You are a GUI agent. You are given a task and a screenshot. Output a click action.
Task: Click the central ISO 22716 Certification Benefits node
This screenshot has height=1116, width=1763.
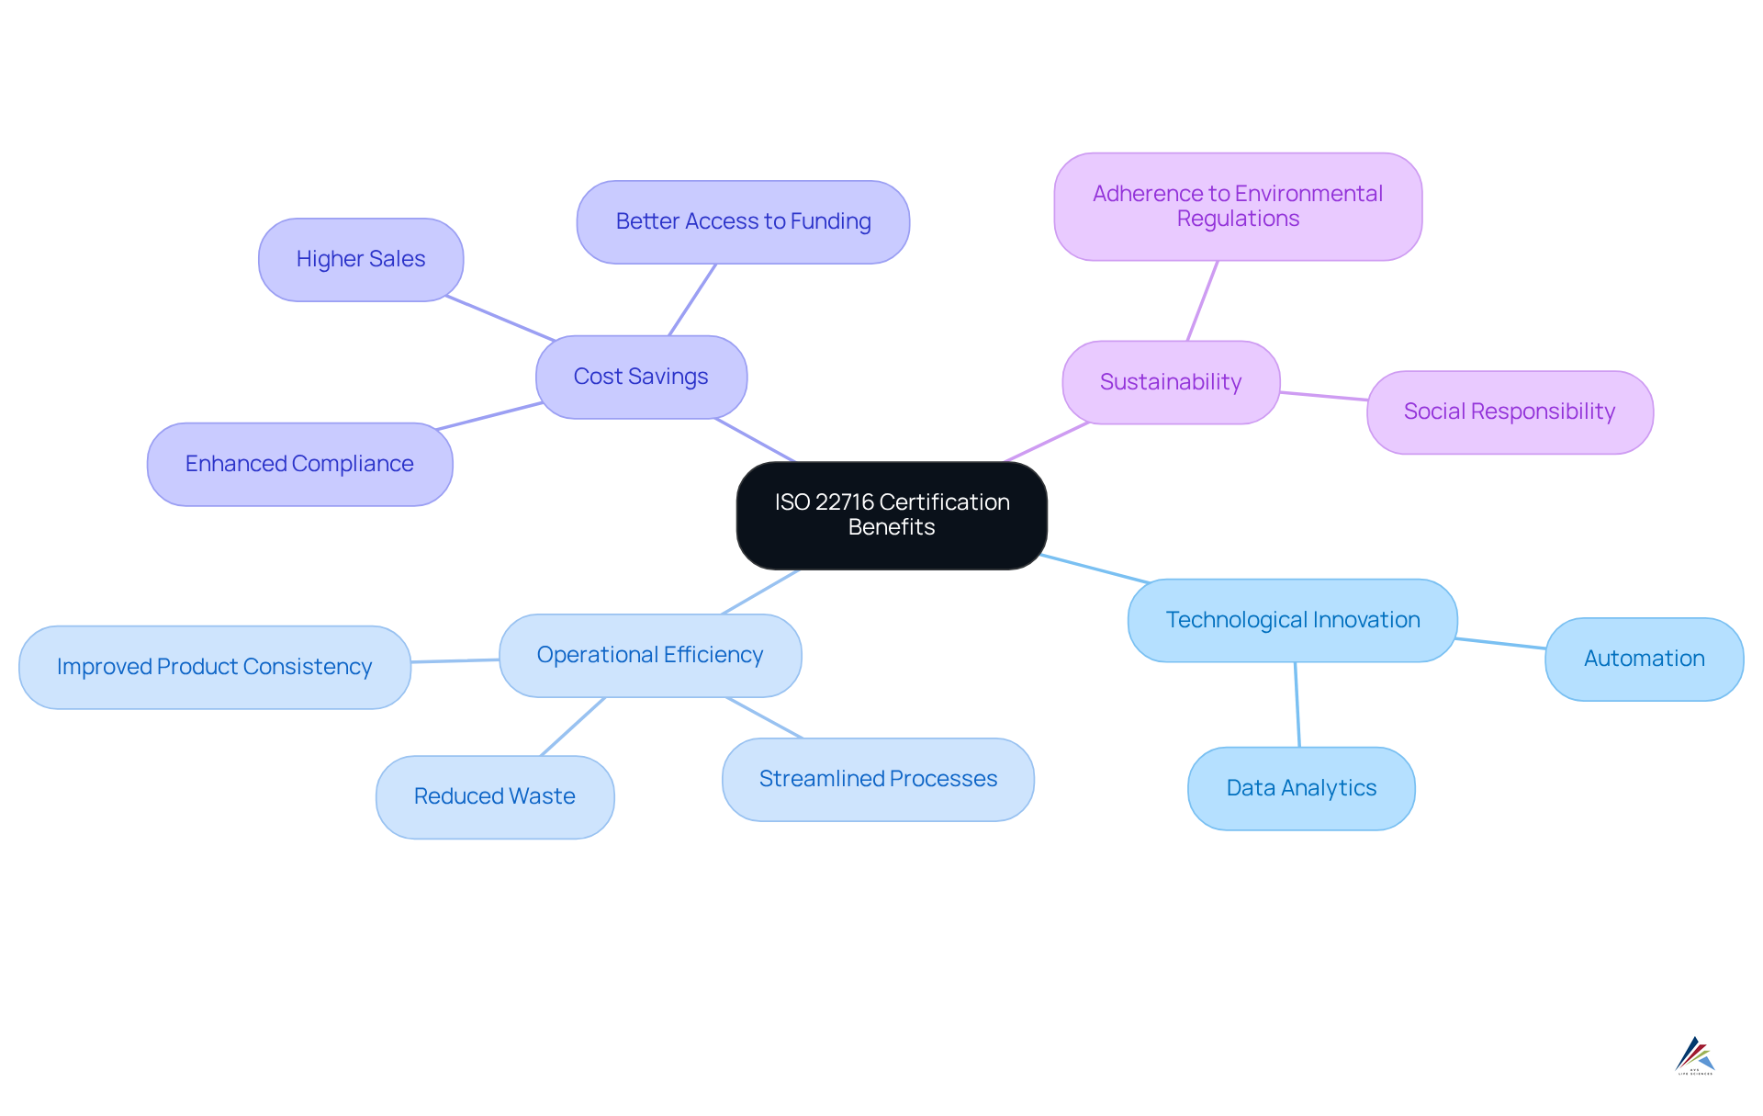891,515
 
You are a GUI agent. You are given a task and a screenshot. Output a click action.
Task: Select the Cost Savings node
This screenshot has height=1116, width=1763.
641,377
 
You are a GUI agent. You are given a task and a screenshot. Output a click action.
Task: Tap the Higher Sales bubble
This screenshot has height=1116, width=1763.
360,260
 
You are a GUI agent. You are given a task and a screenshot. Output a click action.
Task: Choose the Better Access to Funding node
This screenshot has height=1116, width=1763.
743,222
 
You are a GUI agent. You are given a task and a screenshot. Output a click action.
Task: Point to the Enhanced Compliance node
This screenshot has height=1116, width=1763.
299,464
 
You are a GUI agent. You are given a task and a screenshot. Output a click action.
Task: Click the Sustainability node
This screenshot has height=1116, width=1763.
1170,382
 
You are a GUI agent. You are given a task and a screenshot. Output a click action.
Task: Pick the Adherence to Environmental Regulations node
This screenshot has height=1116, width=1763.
1237,207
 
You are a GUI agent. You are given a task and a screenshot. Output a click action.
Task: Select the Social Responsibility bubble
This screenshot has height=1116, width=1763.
1509,411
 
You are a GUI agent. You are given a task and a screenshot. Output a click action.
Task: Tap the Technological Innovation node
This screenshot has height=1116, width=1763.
1292,620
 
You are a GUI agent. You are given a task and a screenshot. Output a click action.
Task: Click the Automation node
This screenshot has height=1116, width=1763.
1644,659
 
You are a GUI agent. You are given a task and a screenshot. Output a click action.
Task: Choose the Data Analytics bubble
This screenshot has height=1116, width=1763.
1300,788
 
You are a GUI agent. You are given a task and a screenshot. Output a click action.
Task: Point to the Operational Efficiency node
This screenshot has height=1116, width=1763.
649,655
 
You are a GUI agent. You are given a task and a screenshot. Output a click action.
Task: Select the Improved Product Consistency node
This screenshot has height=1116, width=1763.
214,667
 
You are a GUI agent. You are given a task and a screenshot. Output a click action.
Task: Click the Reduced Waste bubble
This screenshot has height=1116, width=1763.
494,796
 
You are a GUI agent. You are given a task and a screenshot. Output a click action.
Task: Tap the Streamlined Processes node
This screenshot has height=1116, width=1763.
877,779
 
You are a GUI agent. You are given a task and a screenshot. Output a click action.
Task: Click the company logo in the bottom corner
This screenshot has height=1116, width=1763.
1694,1055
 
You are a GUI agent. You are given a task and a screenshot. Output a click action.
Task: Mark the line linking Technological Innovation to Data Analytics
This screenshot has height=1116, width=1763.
1297,705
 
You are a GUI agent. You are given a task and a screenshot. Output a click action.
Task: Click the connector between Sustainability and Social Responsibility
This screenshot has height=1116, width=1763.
1323,396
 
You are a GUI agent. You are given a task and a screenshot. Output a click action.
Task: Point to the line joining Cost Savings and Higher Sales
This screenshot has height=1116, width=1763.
500,319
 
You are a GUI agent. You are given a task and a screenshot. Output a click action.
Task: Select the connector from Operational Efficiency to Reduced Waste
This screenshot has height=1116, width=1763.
573,727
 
